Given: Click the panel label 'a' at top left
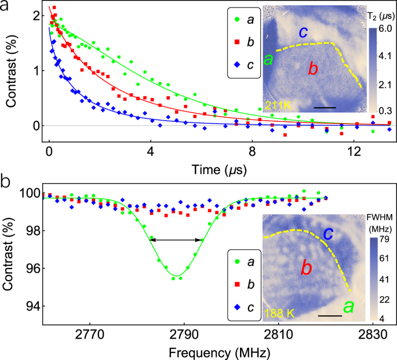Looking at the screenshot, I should click(6, 6).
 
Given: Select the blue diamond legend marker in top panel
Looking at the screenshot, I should click(238, 64).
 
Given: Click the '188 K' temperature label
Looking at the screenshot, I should click(279, 314).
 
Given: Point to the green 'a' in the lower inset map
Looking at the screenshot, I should click(349, 306).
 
